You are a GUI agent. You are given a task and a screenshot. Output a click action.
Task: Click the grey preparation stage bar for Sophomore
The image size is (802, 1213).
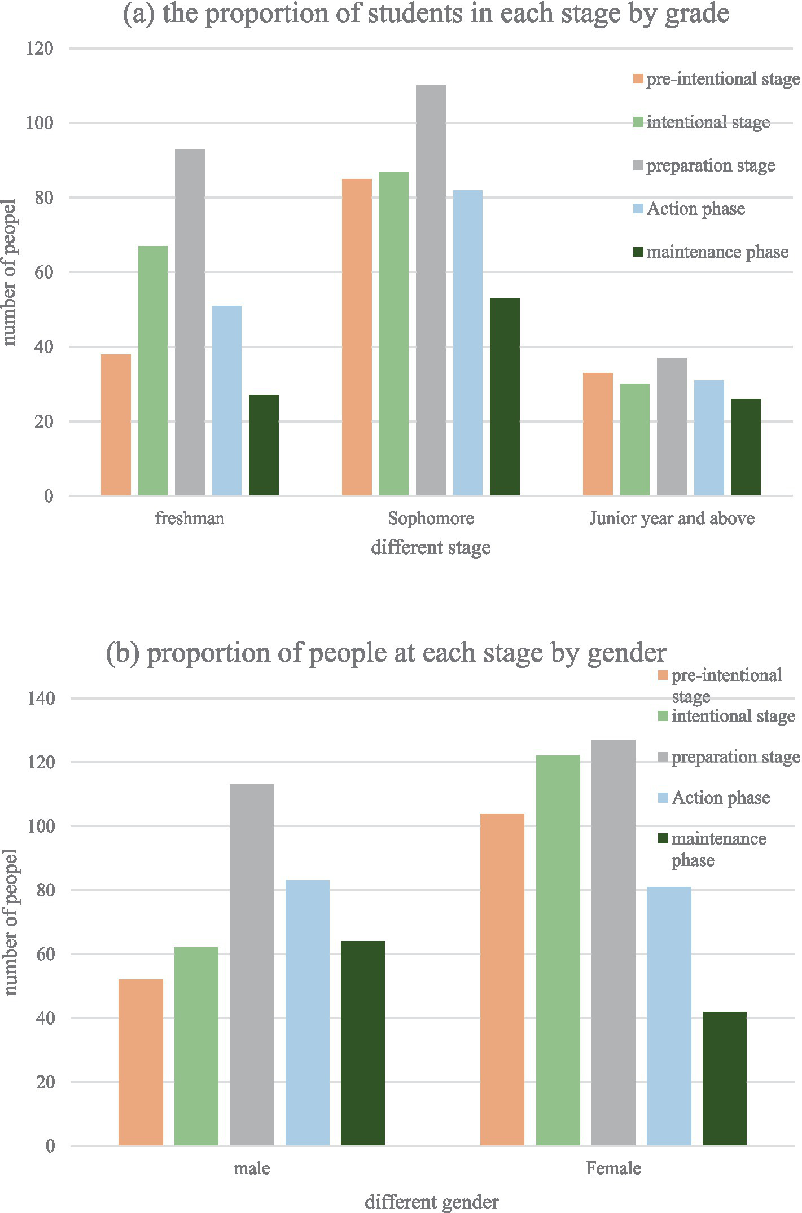click(x=431, y=291)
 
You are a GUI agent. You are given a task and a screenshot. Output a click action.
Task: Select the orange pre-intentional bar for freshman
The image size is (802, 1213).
click(x=116, y=425)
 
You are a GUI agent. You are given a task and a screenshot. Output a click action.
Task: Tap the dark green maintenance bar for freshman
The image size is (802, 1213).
click(x=264, y=445)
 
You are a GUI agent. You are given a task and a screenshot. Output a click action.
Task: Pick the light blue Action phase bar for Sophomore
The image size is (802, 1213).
click(x=468, y=343)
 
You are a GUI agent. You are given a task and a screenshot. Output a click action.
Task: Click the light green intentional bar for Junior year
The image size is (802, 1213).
click(x=635, y=440)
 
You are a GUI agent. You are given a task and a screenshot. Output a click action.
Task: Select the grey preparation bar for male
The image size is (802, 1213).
click(x=252, y=965)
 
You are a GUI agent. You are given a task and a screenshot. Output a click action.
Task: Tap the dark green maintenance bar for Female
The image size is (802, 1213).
click(x=725, y=1078)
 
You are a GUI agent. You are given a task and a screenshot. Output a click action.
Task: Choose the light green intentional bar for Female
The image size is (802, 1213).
click(x=558, y=951)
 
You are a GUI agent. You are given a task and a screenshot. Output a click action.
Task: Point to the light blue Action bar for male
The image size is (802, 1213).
click(x=308, y=1013)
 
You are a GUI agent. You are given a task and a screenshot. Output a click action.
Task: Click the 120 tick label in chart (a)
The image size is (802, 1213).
click(x=40, y=49)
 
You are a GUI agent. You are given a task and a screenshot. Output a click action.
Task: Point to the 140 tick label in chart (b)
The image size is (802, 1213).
click(x=41, y=698)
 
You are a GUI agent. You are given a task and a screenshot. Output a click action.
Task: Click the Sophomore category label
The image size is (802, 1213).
click(x=431, y=518)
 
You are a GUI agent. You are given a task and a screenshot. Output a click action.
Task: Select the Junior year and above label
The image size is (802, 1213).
click(x=672, y=518)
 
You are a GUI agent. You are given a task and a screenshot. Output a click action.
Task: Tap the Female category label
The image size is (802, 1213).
click(x=613, y=1168)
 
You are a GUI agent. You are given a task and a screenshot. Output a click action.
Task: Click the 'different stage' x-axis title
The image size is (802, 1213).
click(x=431, y=548)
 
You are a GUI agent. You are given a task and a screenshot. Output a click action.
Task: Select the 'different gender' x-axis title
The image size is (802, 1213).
click(x=431, y=1202)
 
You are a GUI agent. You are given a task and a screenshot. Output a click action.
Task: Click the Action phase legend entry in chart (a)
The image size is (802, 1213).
click(x=695, y=209)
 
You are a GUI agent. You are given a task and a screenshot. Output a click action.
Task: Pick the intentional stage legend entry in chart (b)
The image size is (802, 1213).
click(x=732, y=717)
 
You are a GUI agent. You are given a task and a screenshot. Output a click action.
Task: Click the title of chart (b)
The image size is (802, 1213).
click(x=386, y=653)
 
